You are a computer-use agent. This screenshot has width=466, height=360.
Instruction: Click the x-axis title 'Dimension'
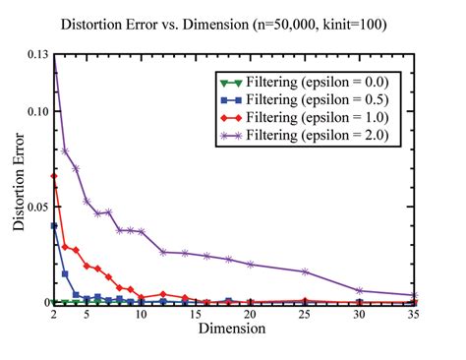click(233, 330)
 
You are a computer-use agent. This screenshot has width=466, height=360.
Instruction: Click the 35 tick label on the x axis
click(415, 315)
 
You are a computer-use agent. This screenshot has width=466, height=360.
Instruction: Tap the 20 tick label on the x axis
click(251, 315)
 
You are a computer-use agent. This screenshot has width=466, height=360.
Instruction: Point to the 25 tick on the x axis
click(306, 315)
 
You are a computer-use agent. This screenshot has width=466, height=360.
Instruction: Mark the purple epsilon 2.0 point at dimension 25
click(306, 271)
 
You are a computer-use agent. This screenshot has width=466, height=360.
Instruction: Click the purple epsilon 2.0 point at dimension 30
click(360, 290)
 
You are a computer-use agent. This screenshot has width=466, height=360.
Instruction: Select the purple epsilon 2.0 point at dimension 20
click(251, 264)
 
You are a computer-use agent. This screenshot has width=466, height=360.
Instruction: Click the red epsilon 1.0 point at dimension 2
click(54, 176)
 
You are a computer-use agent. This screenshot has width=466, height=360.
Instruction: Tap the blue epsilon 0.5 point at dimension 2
click(54, 225)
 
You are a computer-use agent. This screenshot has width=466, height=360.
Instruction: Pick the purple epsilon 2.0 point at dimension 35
click(415, 295)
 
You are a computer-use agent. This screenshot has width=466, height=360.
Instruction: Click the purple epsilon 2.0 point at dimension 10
click(142, 231)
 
